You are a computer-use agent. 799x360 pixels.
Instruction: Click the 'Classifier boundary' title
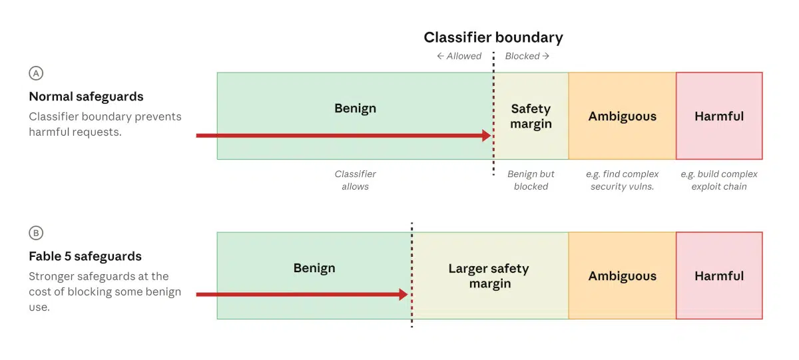tap(493, 37)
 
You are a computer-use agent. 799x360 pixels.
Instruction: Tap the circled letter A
tap(36, 73)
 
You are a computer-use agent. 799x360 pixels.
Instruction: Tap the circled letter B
tap(36, 233)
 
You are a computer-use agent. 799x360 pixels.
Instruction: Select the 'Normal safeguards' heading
tap(86, 96)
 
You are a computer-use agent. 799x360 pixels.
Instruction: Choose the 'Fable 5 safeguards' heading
tap(85, 256)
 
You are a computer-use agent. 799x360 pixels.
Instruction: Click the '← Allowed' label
tap(459, 56)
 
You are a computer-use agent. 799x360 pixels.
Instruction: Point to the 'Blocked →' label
tap(527, 56)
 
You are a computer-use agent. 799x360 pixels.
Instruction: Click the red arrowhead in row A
tap(487, 136)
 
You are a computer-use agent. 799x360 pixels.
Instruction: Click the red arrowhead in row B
tap(403, 294)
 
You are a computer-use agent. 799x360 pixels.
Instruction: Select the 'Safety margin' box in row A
tap(531, 116)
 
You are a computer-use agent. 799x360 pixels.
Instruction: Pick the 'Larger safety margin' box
tap(490, 275)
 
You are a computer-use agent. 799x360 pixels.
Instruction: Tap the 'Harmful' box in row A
tap(719, 116)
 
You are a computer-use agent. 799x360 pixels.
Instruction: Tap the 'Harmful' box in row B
tap(719, 275)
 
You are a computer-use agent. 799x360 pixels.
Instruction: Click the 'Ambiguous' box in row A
tap(622, 116)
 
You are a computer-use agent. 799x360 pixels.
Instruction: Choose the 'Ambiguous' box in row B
tap(622, 275)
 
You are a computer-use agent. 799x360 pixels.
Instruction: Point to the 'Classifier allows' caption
tap(356, 180)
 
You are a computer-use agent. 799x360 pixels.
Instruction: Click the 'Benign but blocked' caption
tap(531, 180)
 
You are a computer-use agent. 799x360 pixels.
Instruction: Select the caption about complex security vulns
tap(622, 180)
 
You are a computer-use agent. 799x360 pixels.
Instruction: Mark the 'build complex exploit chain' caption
tap(719, 180)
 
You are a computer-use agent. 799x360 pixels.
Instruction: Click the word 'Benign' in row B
tap(314, 268)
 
